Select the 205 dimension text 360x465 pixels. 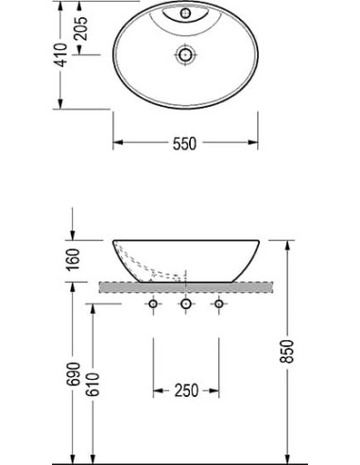click(82, 29)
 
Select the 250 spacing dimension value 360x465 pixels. click(185, 389)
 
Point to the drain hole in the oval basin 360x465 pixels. click(183, 56)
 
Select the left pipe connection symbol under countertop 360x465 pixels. click(152, 304)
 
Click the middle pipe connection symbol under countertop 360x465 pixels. click(186, 304)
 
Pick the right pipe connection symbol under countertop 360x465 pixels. click(219, 304)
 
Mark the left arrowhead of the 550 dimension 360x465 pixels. click(118, 144)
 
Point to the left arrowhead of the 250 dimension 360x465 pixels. click(157, 389)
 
